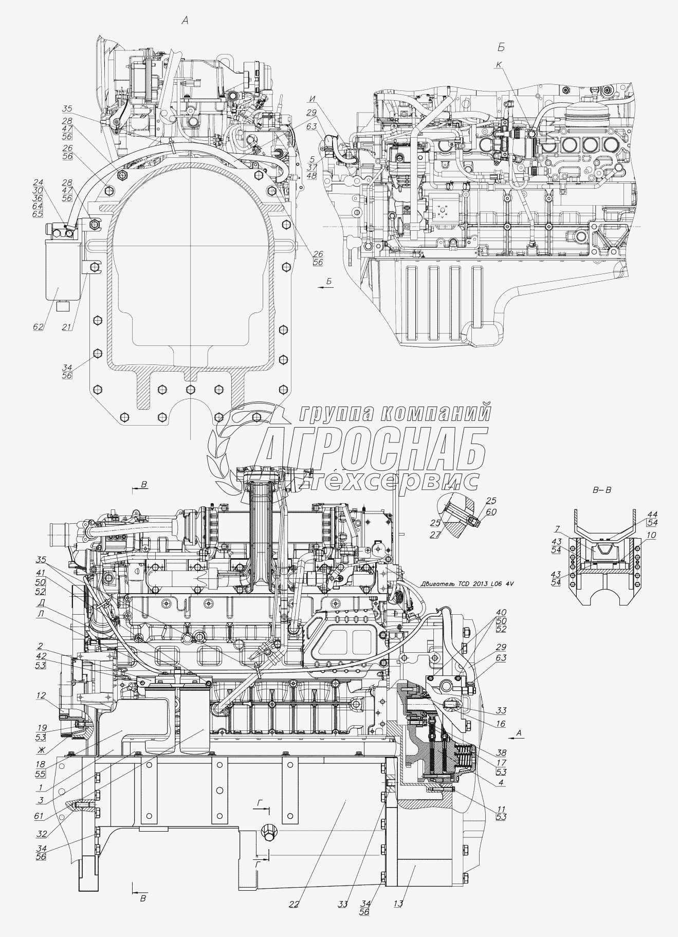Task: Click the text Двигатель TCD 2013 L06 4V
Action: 466,584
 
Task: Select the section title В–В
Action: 602,490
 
